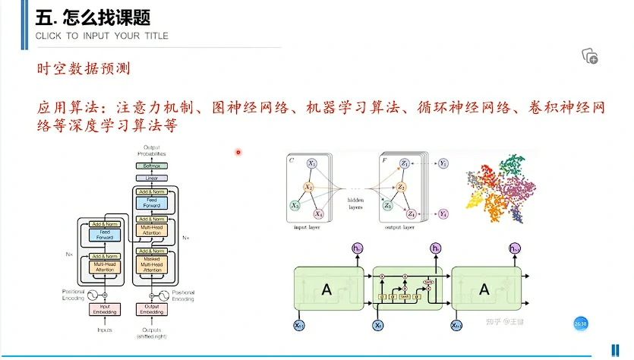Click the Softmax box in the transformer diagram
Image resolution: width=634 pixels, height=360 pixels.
click(x=150, y=166)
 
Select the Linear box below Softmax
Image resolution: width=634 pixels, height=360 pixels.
click(x=150, y=178)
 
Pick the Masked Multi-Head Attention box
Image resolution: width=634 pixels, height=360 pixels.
click(x=150, y=264)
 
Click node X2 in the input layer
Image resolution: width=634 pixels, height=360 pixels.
click(x=310, y=187)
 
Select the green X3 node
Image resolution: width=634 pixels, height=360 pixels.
click(x=295, y=206)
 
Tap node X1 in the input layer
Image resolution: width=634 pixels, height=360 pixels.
click(x=312, y=163)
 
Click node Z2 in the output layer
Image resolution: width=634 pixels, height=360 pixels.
click(x=403, y=187)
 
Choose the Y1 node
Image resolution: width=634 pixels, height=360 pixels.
click(x=444, y=163)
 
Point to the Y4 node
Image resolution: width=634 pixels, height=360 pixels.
click(x=444, y=213)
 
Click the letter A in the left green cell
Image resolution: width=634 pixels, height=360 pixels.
click(x=327, y=289)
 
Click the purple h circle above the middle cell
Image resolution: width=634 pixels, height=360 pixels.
click(x=436, y=249)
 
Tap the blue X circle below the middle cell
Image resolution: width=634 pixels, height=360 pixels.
click(x=378, y=325)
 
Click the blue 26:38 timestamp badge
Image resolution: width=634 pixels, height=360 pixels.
click(x=581, y=324)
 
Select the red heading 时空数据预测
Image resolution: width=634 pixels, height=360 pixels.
click(x=84, y=69)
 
